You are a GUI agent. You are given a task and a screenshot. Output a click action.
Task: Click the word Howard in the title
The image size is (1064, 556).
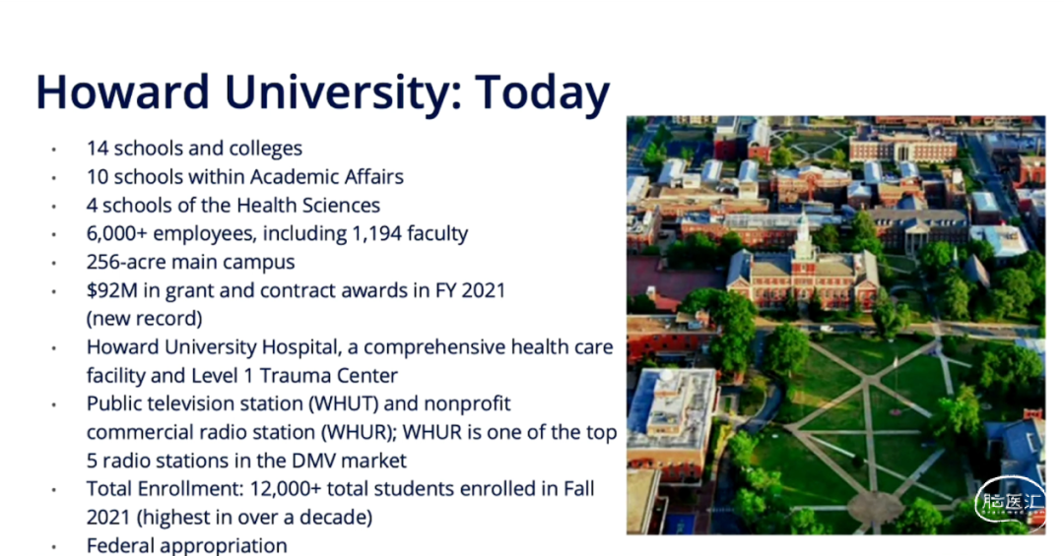(x=122, y=92)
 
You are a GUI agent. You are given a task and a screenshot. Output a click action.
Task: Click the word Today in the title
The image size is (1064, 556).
(x=542, y=93)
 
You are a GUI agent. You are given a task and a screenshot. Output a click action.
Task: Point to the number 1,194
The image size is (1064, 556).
(x=376, y=234)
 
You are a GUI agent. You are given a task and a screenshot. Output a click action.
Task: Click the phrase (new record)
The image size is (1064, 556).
(x=145, y=319)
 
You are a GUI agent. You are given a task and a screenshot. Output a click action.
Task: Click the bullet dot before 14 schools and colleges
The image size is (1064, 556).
(x=53, y=150)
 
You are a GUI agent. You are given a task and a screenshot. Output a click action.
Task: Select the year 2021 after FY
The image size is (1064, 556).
(x=483, y=290)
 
